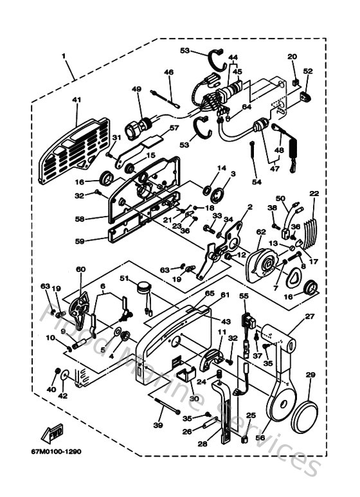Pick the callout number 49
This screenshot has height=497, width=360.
tap(136, 89)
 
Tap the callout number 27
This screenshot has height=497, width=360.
tap(310, 317)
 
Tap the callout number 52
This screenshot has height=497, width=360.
tap(307, 71)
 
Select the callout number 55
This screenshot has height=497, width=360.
tap(244, 296)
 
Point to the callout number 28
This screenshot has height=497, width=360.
tap(203, 443)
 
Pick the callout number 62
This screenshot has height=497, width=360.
tap(261, 231)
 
